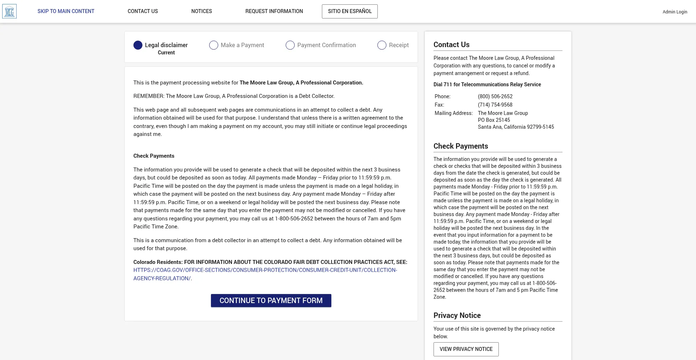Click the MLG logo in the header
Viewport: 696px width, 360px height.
point(9,12)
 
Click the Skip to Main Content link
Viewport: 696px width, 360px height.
point(66,11)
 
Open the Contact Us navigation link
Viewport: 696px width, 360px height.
point(142,11)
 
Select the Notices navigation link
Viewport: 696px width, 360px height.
point(202,11)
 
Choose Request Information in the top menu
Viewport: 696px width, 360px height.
point(274,11)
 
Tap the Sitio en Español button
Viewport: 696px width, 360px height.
point(349,11)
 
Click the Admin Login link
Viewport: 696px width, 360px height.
point(675,12)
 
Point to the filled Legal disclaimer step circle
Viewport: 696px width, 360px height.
point(138,45)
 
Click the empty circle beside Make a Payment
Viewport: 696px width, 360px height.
point(214,45)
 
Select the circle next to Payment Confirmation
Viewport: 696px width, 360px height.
point(290,45)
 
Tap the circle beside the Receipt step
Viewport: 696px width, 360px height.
point(382,45)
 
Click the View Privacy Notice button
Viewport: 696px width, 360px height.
point(466,349)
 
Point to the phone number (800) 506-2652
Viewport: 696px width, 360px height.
point(495,96)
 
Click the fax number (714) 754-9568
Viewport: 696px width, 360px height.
point(495,105)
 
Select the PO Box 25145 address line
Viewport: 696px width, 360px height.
point(494,120)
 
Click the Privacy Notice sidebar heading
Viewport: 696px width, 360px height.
point(457,315)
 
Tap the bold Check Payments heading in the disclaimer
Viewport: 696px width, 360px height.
point(154,156)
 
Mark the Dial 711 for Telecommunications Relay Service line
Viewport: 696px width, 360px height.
point(487,84)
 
